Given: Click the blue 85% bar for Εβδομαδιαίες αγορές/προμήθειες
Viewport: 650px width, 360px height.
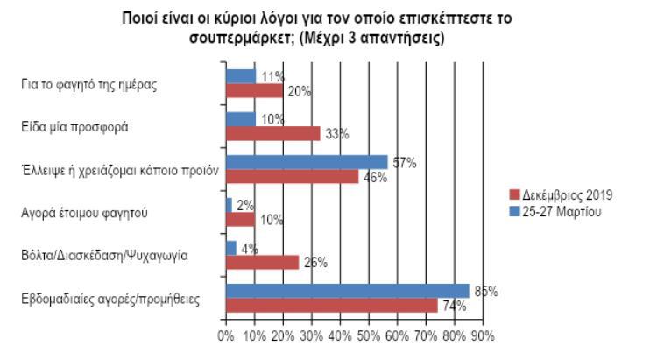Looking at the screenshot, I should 347,291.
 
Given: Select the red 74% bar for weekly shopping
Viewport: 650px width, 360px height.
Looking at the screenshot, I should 331,305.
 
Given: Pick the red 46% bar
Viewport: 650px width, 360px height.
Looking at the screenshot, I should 291,176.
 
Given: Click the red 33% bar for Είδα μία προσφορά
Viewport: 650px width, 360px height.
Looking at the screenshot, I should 272,133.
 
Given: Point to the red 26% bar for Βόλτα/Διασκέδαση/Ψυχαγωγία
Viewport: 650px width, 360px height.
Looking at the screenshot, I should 262,261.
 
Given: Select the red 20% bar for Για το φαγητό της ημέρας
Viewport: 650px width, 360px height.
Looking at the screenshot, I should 254,90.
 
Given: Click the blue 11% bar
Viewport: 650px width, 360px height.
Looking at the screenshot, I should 241,76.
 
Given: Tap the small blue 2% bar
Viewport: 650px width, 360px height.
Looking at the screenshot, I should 229,205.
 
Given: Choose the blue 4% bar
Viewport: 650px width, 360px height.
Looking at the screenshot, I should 231,248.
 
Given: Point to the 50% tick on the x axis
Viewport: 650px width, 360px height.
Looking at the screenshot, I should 368,335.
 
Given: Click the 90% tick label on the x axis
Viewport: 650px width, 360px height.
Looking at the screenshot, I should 483,335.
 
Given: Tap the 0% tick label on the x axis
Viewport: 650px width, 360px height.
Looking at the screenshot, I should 225,335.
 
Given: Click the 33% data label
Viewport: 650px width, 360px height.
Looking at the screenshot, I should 337,134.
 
